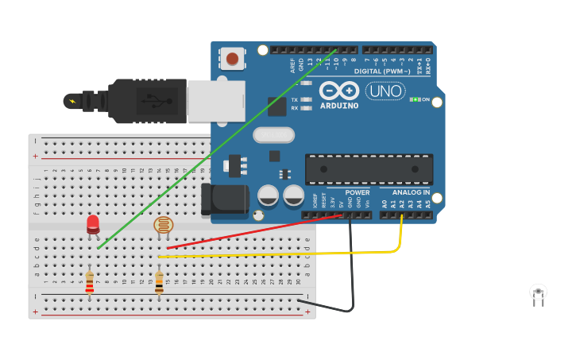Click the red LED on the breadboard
pos(93,224)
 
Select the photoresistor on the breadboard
pos(163,226)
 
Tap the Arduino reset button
pos(232,58)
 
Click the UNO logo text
pos(385,91)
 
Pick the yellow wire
pos(278,254)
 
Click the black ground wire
pos(350,270)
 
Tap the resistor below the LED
pos(89,283)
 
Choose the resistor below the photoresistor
pos(159,283)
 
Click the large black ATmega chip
pos(369,169)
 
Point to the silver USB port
pos(215,101)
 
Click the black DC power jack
pos(224,199)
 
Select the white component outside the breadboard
pos(538,293)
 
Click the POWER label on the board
pos(357,192)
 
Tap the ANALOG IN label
pos(411,192)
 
